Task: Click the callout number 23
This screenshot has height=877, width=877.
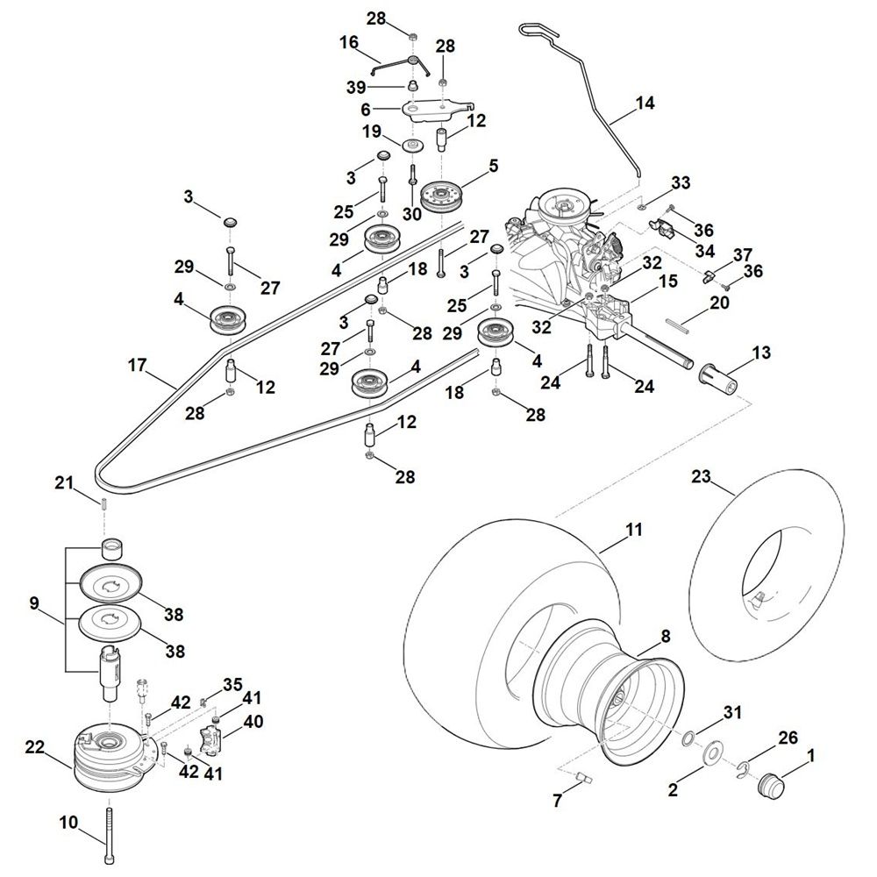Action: (x=700, y=477)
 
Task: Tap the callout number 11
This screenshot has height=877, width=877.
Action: (x=634, y=530)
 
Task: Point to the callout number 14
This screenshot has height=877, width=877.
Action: (x=645, y=103)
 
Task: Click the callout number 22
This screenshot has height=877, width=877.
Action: (x=34, y=746)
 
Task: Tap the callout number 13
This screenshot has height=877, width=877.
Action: (x=761, y=353)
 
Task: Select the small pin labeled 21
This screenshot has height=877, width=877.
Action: (x=103, y=503)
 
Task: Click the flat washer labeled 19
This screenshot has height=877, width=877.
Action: (x=410, y=144)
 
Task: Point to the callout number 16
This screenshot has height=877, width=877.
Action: (x=349, y=42)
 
